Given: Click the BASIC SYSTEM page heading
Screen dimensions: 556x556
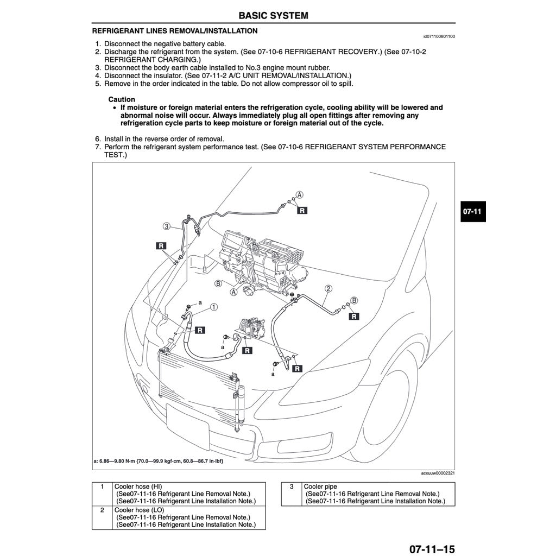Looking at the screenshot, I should (273, 15).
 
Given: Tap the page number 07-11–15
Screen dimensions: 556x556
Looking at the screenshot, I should (432, 549).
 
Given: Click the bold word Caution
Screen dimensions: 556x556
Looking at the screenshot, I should (122, 99).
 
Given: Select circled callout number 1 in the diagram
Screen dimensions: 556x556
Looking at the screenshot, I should (214, 307).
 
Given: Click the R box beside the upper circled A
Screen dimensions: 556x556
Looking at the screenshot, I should (302, 210).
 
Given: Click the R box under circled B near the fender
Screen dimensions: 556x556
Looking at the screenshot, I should (354, 316).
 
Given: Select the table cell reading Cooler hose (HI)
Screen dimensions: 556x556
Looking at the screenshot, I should (138, 486).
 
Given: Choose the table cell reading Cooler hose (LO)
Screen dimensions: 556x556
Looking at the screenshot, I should (138, 510).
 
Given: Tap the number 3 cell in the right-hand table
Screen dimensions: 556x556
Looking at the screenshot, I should (291, 486).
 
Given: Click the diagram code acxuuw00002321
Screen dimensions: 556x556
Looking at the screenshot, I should (438, 473).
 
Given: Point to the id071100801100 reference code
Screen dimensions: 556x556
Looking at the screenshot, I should (439, 37).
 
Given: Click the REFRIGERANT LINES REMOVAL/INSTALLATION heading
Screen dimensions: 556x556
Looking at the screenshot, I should (175, 31).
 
